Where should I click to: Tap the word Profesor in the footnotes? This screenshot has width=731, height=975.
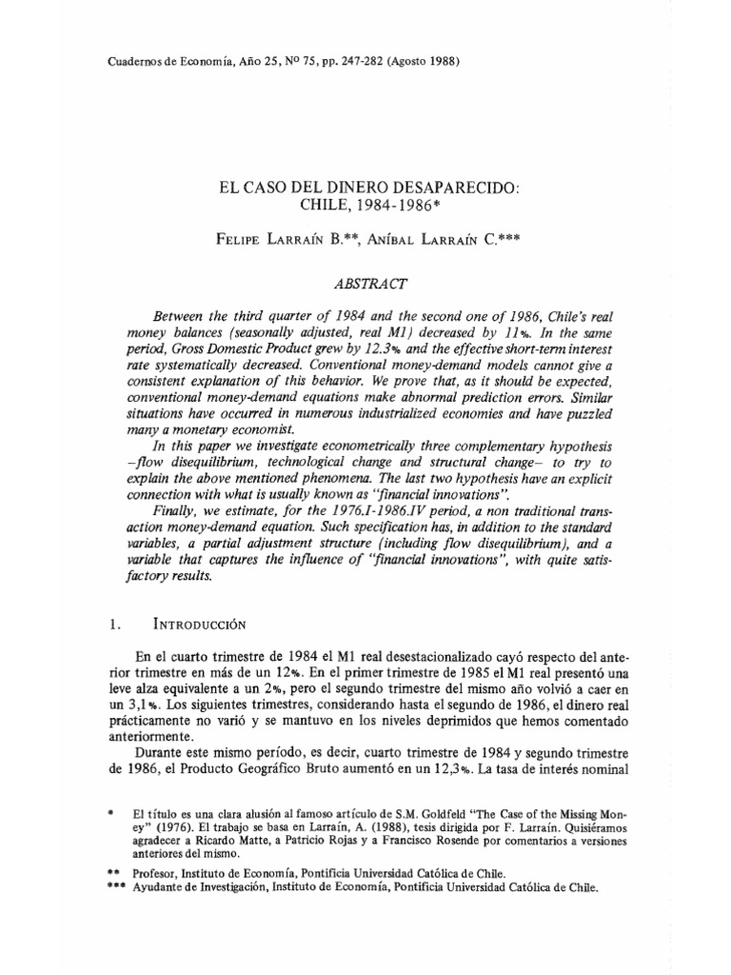point(160,872)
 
